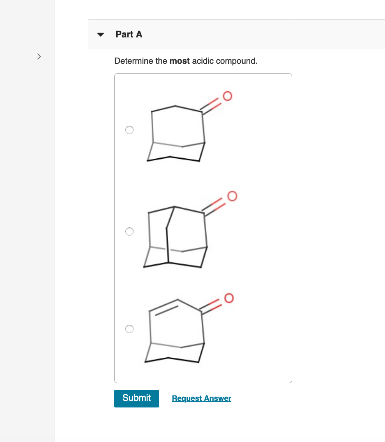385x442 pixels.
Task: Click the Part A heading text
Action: coord(129,35)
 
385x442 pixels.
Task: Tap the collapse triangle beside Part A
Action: coord(100,35)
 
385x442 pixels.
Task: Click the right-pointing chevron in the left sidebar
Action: coord(39,56)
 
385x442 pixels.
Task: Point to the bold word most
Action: coord(180,61)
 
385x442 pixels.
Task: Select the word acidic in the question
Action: coord(203,61)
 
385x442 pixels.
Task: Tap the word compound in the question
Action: coord(236,61)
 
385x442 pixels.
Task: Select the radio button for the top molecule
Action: coord(129,130)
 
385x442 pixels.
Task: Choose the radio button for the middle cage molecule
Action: coord(129,231)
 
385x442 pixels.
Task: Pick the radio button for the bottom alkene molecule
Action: coord(129,329)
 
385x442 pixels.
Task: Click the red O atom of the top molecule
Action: coord(227,96)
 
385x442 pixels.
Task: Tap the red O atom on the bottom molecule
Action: coord(228,297)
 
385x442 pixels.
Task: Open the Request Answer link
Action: coord(201,398)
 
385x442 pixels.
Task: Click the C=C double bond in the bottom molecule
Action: coord(164,307)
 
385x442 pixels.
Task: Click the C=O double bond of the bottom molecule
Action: coord(213,307)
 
